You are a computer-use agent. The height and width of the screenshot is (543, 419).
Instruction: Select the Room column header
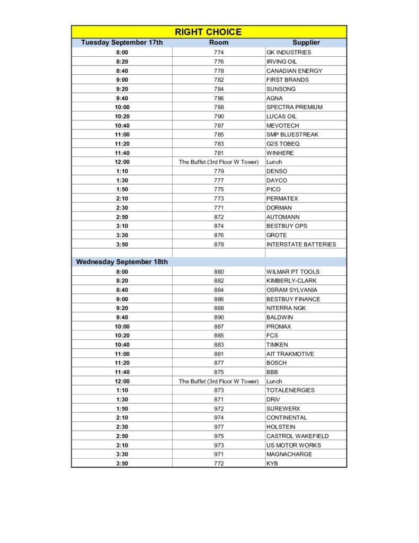219,42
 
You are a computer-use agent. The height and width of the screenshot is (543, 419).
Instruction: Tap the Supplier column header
306,42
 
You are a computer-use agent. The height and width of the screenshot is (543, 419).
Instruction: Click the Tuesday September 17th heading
122,42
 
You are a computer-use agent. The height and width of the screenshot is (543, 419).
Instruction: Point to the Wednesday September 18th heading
122,262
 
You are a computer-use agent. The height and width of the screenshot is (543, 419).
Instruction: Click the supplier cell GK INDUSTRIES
289,52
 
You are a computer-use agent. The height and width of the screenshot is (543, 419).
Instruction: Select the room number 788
219,107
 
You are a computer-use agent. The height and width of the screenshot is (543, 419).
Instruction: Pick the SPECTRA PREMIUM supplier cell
294,107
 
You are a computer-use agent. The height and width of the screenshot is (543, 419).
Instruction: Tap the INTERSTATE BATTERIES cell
301,244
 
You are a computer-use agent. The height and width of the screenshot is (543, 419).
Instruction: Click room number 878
219,244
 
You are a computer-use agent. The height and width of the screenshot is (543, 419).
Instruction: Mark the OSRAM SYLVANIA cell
292,290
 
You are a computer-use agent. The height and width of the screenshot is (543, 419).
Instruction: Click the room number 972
219,409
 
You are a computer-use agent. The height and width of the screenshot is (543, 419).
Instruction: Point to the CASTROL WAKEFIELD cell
297,436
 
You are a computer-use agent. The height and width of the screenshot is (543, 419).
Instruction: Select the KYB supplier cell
272,463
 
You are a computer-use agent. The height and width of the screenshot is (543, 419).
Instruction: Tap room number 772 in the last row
219,463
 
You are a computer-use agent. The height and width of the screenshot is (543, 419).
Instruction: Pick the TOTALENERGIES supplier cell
290,390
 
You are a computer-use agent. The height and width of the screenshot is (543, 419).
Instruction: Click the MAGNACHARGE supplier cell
289,454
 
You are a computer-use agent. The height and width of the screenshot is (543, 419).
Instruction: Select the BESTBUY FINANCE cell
293,299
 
